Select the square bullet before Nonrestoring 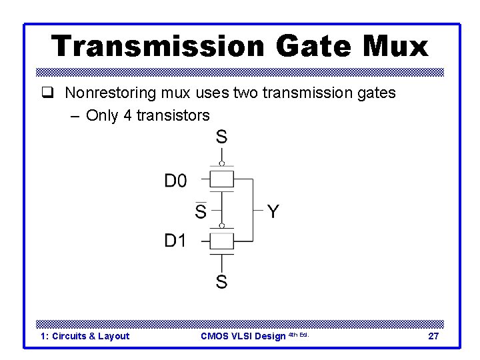(x=46, y=93)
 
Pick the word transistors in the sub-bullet (x=173, y=115)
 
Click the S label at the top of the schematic (x=221, y=137)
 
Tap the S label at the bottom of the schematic (x=221, y=282)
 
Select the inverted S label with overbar (x=200, y=211)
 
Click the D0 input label (x=176, y=181)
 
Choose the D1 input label (x=176, y=240)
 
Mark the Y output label (x=273, y=212)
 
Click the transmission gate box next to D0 (x=222, y=179)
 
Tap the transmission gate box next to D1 (x=222, y=240)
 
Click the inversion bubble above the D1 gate (x=222, y=225)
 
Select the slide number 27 (x=433, y=336)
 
